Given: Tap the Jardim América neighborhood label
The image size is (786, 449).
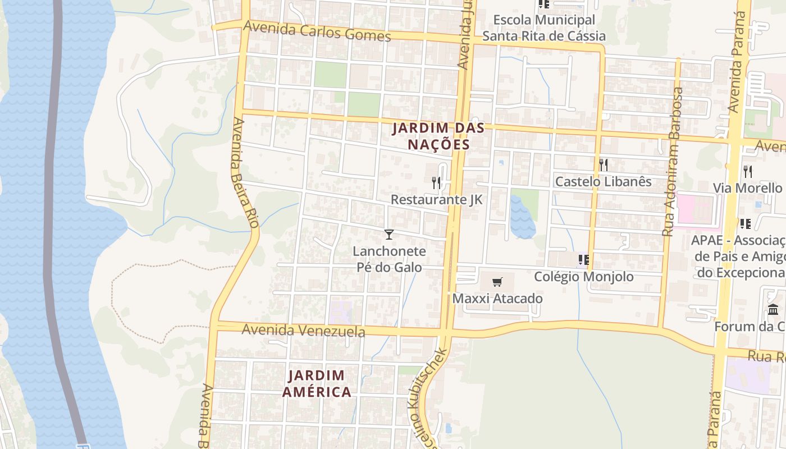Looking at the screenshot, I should coord(316,383).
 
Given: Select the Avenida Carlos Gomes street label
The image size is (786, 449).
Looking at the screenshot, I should coord(317,31).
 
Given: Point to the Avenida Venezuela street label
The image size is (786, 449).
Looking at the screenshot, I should coord(303,331).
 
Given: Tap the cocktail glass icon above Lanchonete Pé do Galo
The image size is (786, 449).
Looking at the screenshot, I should coord(389,234).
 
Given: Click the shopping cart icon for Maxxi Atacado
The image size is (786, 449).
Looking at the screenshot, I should coord(497,282).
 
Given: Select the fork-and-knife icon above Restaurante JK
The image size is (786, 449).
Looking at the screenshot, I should coord(436,182).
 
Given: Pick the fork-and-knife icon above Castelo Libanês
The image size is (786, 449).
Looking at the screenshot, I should coord(604,164).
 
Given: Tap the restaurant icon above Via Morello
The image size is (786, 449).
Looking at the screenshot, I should coord(747,171).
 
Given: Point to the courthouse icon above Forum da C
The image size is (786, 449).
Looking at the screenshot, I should coord(773,309).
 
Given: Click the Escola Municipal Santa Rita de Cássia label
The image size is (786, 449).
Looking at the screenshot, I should coord(544,28).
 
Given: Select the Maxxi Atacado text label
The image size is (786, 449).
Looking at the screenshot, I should coord(497,298).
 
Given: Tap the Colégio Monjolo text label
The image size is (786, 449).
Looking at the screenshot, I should coord(584,276).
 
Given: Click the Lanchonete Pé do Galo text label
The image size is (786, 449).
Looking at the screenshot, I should coord(389,259).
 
